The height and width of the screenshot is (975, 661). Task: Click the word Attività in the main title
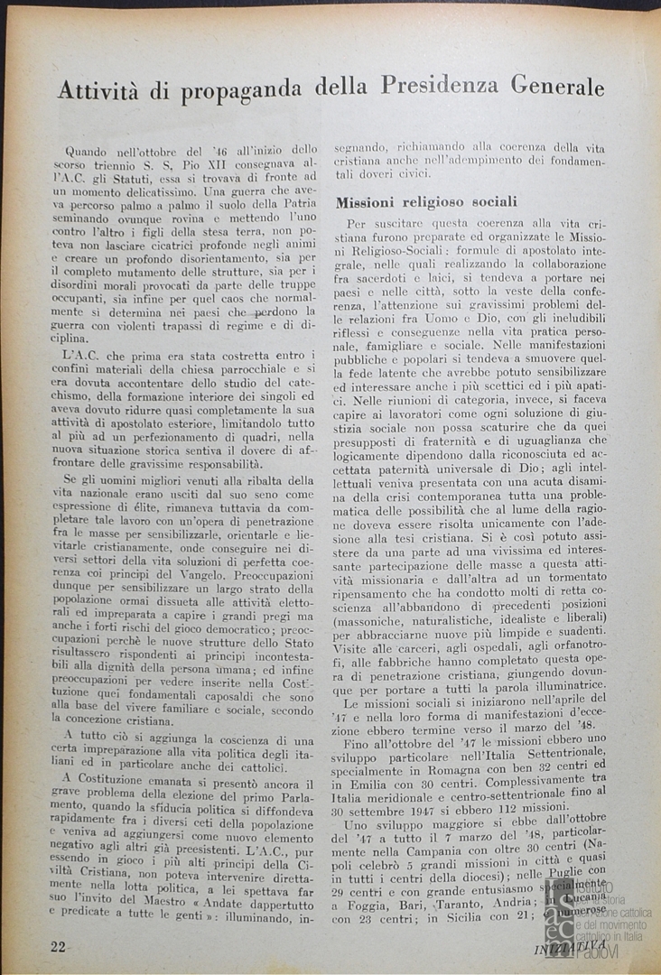[x=99, y=90]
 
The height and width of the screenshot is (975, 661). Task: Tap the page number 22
[x=58, y=944]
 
